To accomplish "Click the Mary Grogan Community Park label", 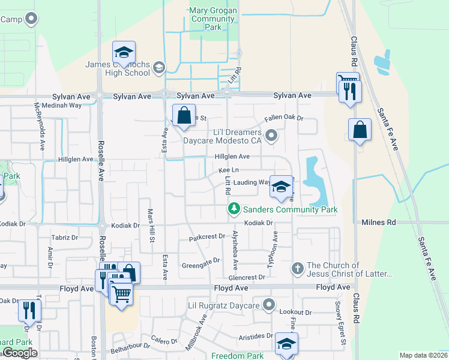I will coord(212,19).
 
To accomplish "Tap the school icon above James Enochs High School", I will coord(124,52).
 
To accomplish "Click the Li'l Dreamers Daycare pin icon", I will coord(271,136).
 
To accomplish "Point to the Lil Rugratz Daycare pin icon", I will coord(269,305).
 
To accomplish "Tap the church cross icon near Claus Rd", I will coord(298,269).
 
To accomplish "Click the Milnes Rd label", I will coord(379,222).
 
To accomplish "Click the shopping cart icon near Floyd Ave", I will coord(121,295).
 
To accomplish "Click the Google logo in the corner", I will coord(20,353).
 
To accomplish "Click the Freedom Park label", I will coord(238,356).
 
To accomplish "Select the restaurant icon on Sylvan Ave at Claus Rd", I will coord(347,91).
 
